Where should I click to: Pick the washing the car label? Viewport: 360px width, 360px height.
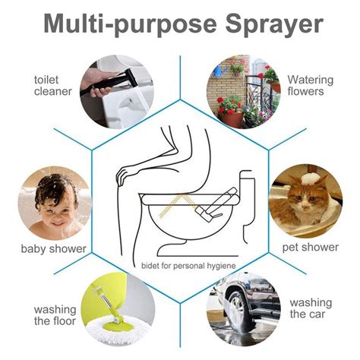pyautogui.click(x=311, y=308)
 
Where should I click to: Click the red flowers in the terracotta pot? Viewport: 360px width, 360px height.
pyautogui.click(x=229, y=103)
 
